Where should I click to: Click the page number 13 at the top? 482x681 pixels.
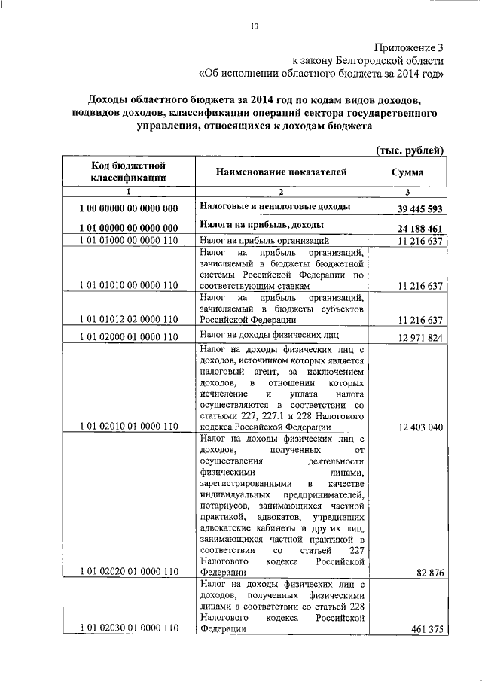pyautogui.click(x=255, y=28)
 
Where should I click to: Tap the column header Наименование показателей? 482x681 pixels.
pyautogui.click(x=282, y=172)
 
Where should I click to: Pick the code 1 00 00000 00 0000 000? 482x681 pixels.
pyautogui.click(x=128, y=208)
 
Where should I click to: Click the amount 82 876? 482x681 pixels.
pyautogui.click(x=430, y=573)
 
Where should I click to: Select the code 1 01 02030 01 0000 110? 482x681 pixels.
pyautogui.click(x=128, y=628)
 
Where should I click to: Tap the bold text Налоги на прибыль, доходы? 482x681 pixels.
pyautogui.click(x=261, y=225)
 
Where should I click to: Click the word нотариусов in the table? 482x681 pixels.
pyautogui.click(x=225, y=508)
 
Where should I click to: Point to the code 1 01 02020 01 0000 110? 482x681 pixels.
pyautogui.click(x=128, y=573)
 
